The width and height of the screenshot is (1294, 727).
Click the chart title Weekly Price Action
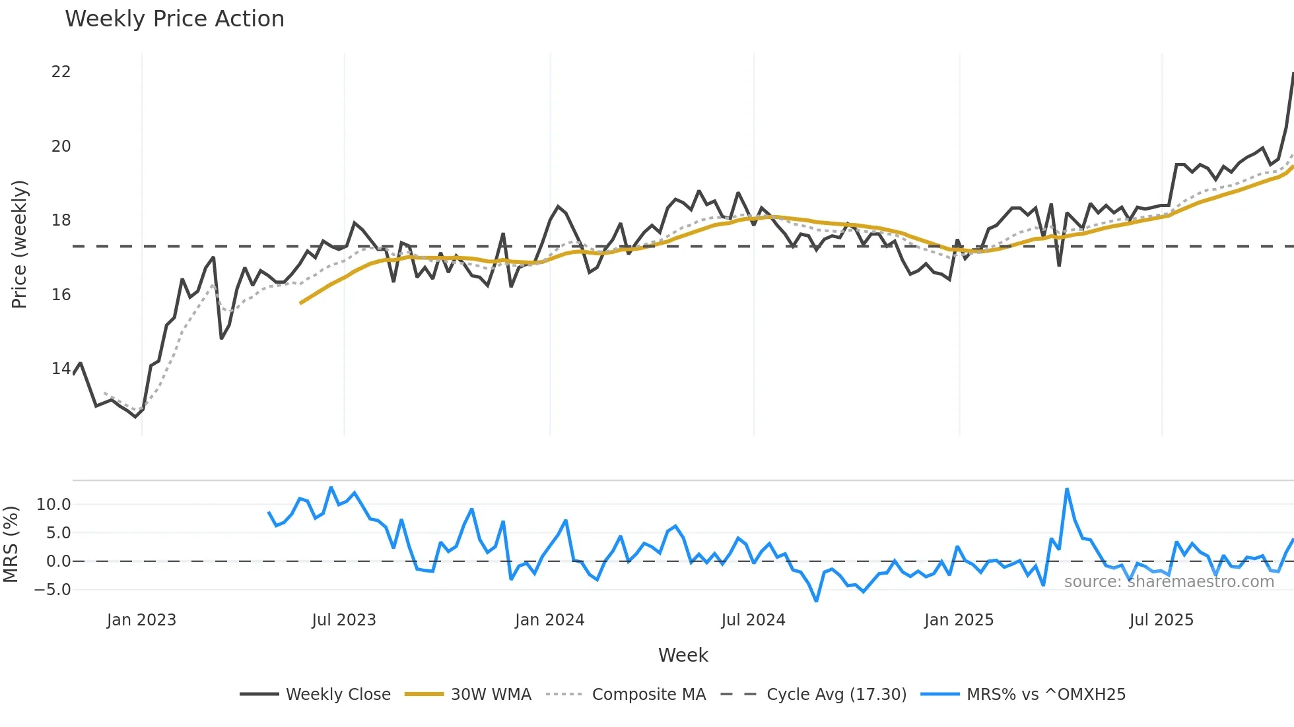[174, 19]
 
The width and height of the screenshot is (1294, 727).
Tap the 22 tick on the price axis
[61, 72]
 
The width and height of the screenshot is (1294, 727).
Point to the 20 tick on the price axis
[61, 146]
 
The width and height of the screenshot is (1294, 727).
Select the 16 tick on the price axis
[61, 295]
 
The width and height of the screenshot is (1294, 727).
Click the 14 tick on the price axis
[61, 369]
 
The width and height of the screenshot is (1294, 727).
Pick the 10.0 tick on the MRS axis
[53, 505]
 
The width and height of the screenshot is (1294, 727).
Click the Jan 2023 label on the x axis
[141, 620]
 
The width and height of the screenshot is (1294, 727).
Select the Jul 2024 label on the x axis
[753, 620]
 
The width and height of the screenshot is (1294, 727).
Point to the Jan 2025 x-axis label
[959, 620]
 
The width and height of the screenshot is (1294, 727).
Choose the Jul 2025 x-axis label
[1161, 620]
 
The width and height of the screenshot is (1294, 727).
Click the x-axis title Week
[683, 655]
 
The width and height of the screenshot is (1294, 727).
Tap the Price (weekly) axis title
[20, 244]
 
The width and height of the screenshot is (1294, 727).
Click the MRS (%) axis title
[11, 544]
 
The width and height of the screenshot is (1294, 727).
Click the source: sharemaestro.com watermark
[1169, 582]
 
